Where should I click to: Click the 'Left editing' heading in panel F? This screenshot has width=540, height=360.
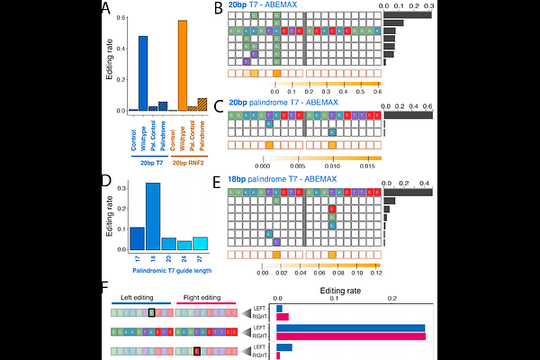tap(138, 298)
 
